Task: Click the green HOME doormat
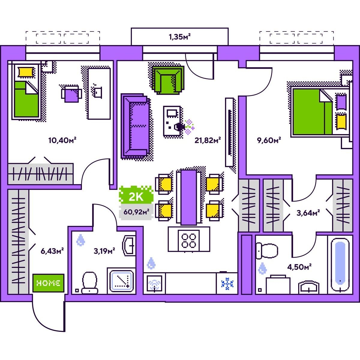(x=48, y=283)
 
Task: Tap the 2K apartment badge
(x=136, y=195)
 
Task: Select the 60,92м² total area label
(x=136, y=212)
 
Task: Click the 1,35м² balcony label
(x=179, y=37)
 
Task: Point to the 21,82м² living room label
(x=208, y=140)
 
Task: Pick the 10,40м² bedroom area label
(x=62, y=140)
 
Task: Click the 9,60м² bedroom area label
(x=269, y=140)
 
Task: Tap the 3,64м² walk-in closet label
(x=308, y=213)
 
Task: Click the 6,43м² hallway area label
(x=52, y=251)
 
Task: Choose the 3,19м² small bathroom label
(x=104, y=251)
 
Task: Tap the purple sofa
(x=135, y=125)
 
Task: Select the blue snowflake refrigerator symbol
(x=227, y=284)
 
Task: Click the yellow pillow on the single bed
(x=26, y=72)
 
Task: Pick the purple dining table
(x=189, y=197)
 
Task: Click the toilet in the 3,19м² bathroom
(x=90, y=283)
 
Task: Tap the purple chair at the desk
(x=72, y=94)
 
